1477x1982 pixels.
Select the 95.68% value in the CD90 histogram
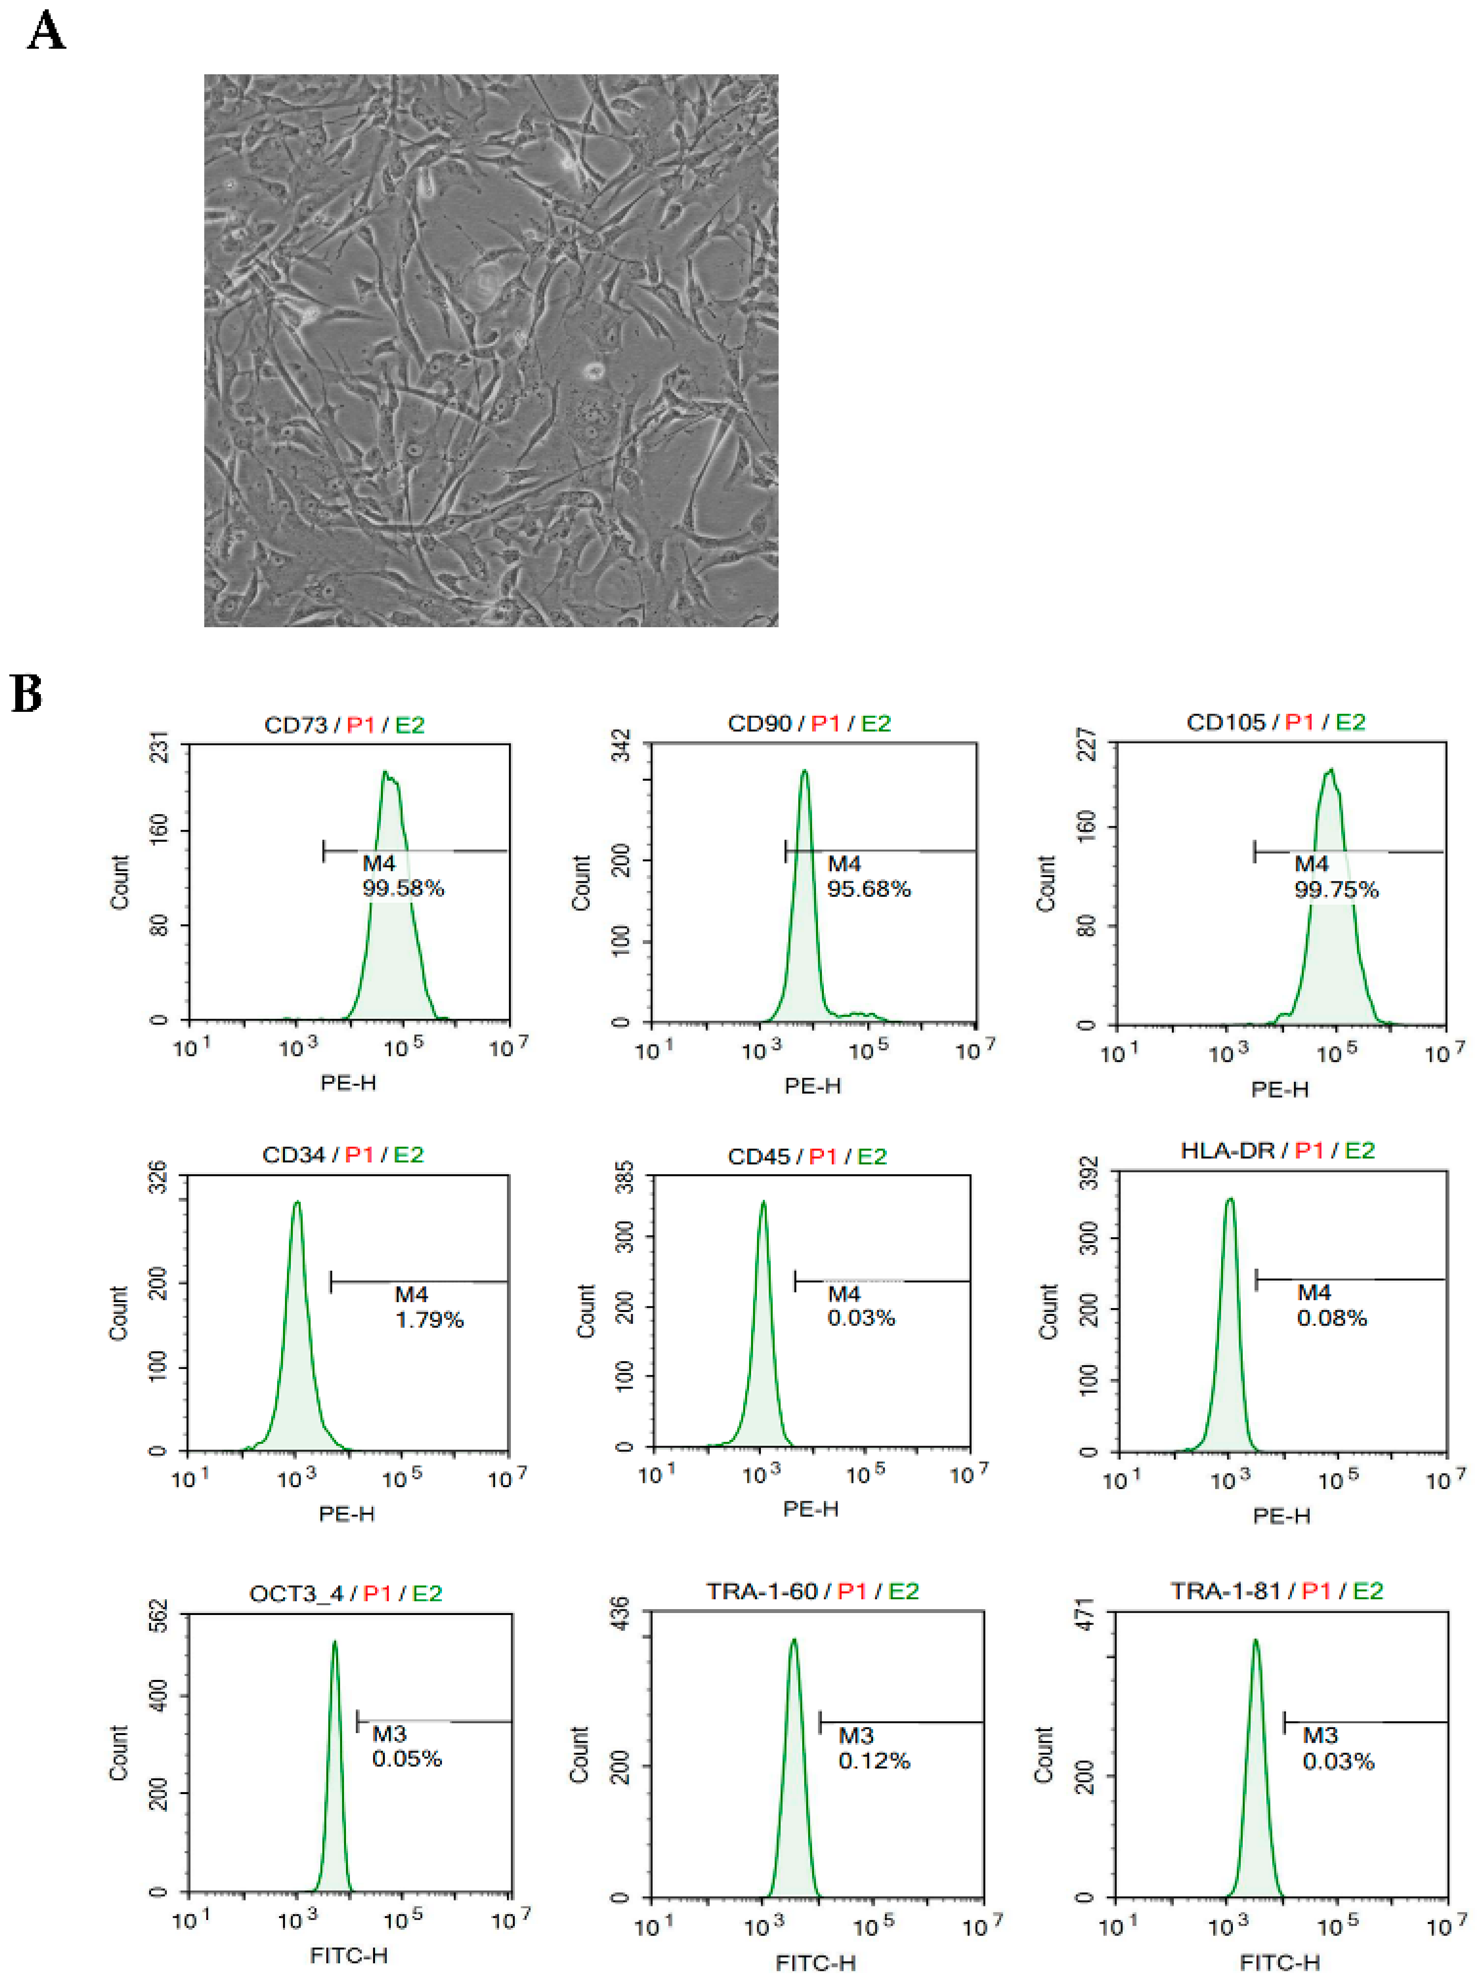coord(868,889)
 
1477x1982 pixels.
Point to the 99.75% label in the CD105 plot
coord(1336,890)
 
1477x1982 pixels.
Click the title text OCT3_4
coord(296,1594)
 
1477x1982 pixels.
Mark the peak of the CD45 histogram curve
coord(763,1204)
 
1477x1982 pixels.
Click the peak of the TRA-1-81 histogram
coord(1255,1641)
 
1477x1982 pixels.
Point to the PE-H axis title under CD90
coord(812,1086)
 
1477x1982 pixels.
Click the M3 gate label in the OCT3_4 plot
coord(389,1735)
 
